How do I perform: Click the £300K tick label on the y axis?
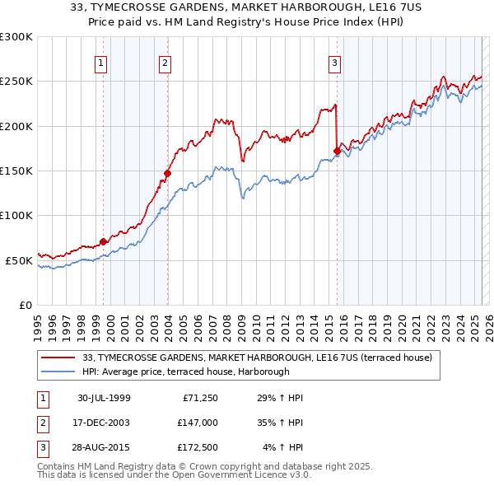tap(16, 37)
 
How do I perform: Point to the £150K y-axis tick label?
tap(16, 171)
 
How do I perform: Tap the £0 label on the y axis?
tap(26, 305)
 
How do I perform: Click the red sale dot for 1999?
tap(104, 241)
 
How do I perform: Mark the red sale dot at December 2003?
tap(167, 173)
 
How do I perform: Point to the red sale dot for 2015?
tap(337, 151)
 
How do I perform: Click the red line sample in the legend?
tap(59, 357)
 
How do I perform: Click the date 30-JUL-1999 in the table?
tap(104, 398)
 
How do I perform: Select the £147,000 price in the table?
tap(196, 423)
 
